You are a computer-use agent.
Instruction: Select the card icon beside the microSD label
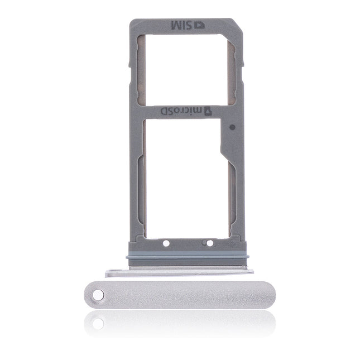tap(204, 111)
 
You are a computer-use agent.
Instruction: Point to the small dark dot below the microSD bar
tap(232, 127)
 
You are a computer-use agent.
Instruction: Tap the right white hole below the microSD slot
tap(210, 243)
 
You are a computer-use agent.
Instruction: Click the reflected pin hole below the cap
tap(98, 323)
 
